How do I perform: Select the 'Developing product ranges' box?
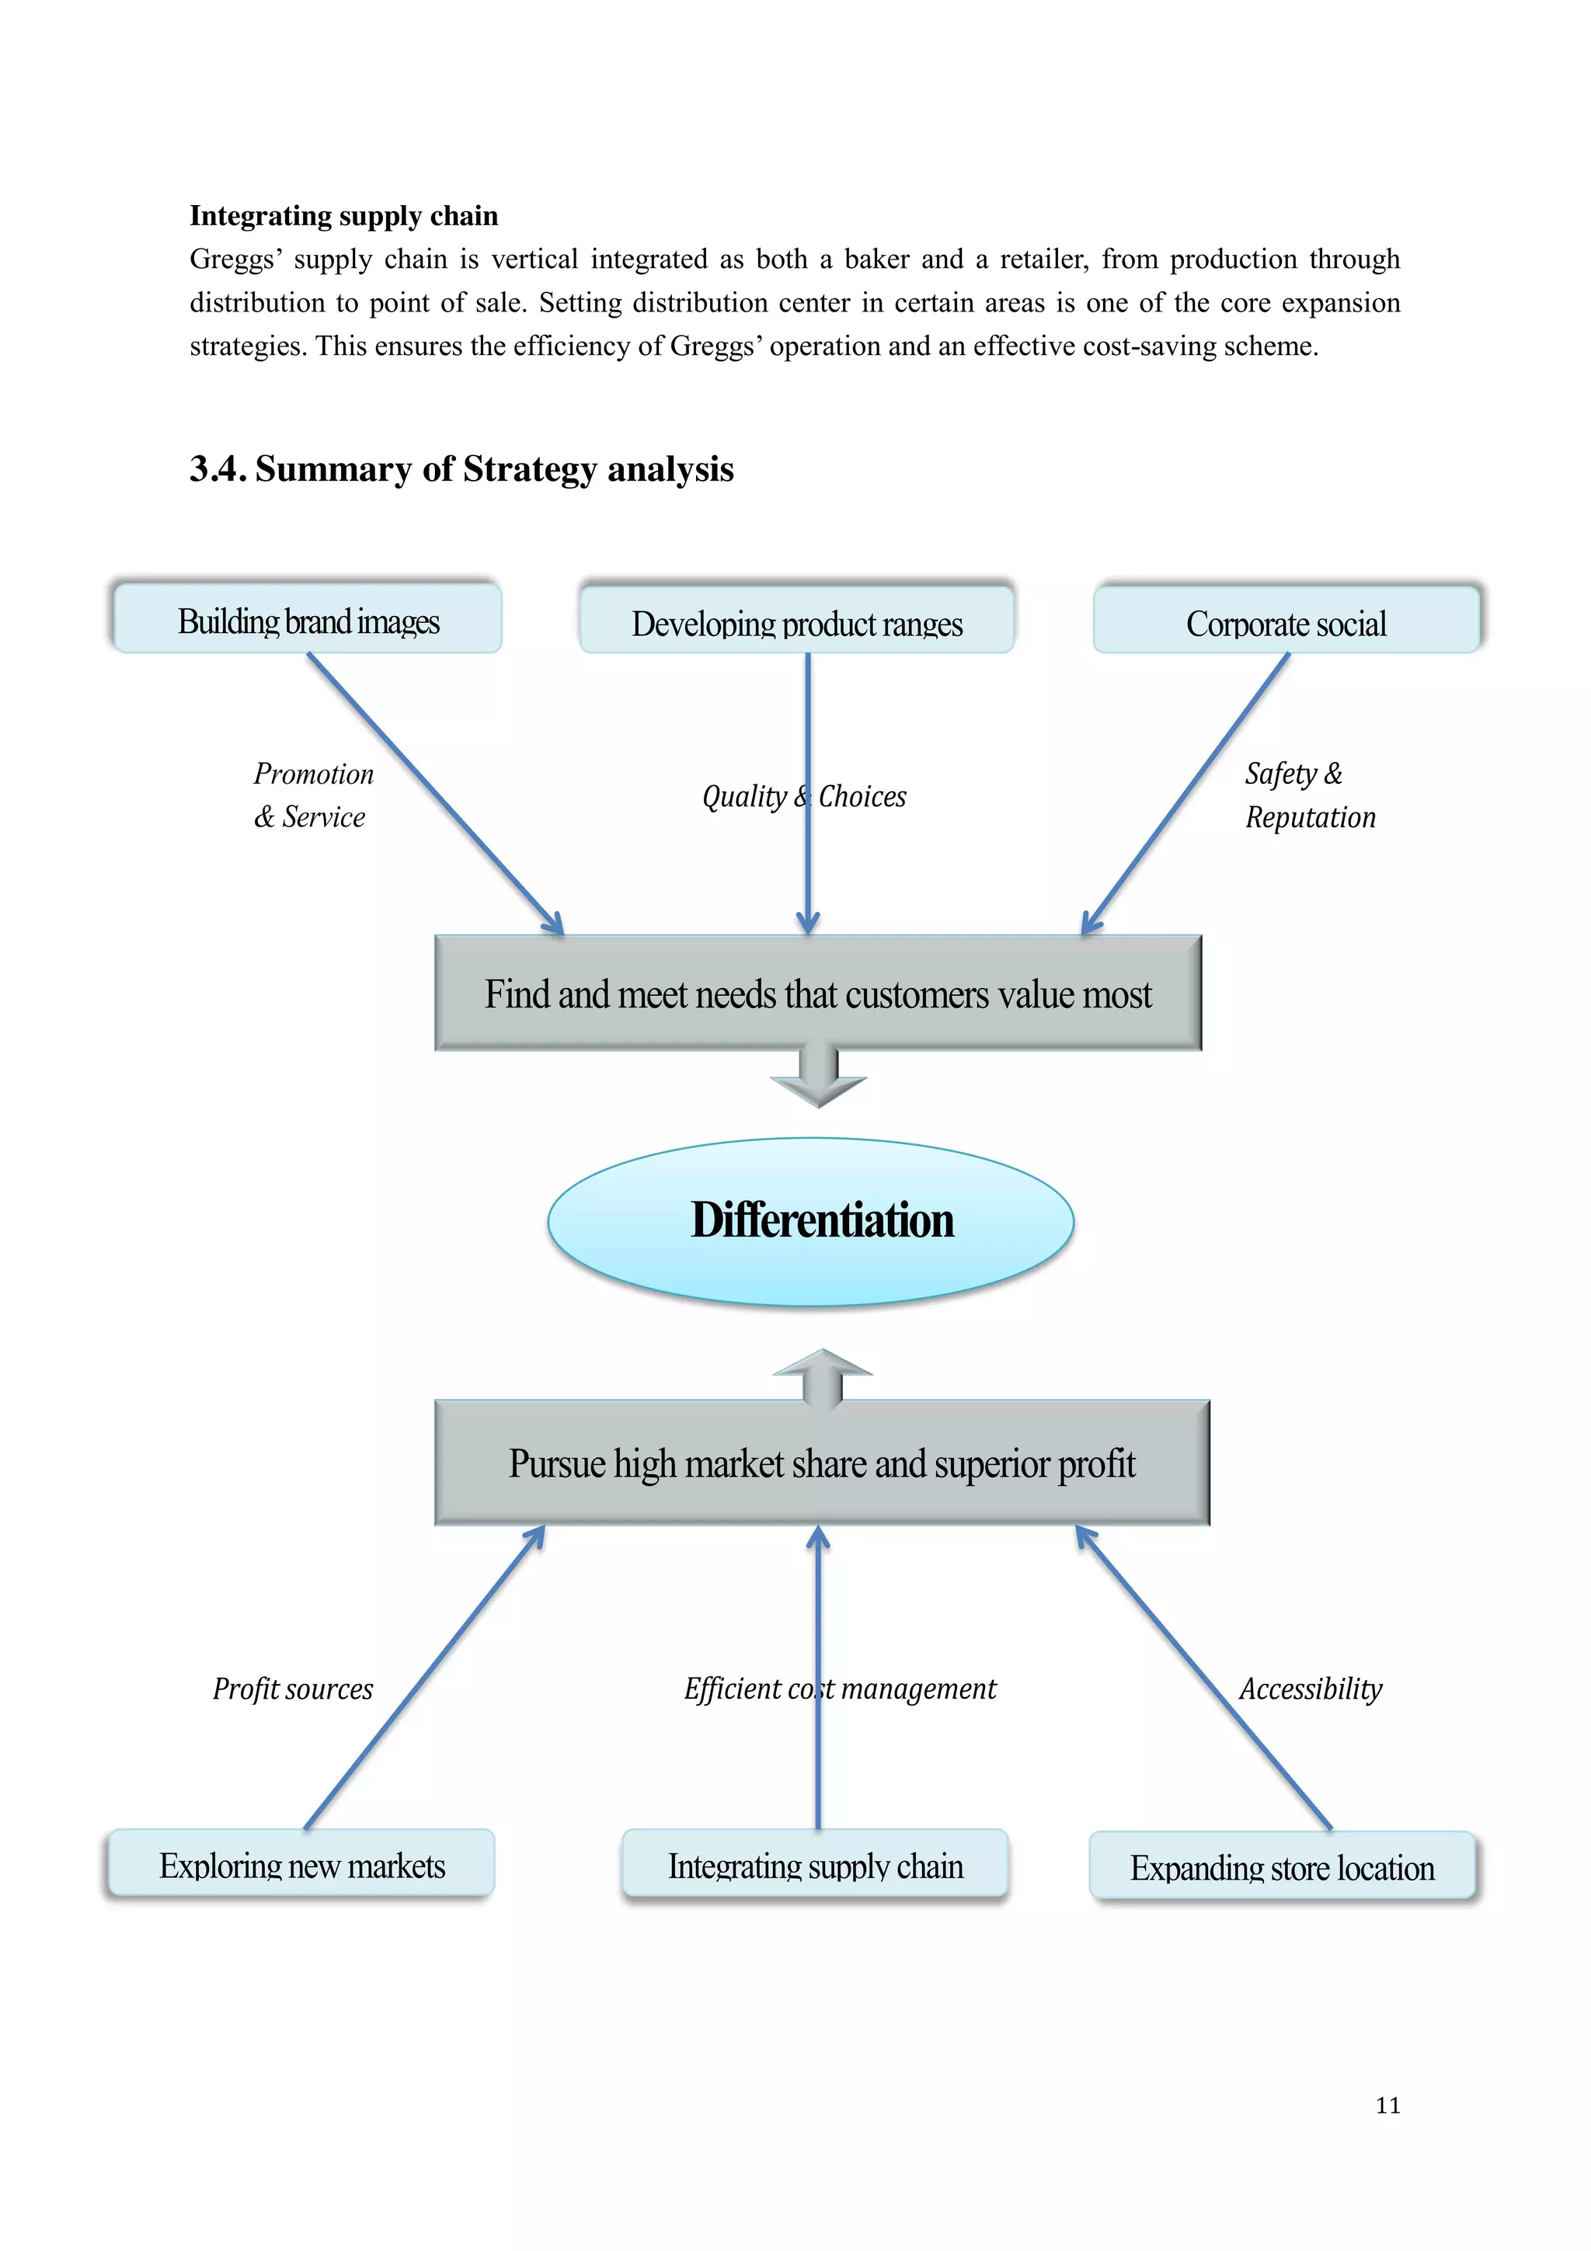[x=796, y=621]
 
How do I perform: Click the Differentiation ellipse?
[x=811, y=1222]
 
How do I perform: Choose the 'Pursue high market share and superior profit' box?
[x=821, y=1463]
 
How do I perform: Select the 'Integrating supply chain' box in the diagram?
[x=815, y=1865]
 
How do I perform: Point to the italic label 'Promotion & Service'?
[x=312, y=795]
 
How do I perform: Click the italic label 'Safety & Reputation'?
[x=1309, y=795]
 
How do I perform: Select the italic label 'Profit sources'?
[x=292, y=1689]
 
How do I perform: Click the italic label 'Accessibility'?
[x=1310, y=1689]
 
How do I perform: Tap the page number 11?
[x=1387, y=2105]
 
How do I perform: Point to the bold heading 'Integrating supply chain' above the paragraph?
[x=343, y=216]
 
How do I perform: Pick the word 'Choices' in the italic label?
[x=862, y=796]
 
